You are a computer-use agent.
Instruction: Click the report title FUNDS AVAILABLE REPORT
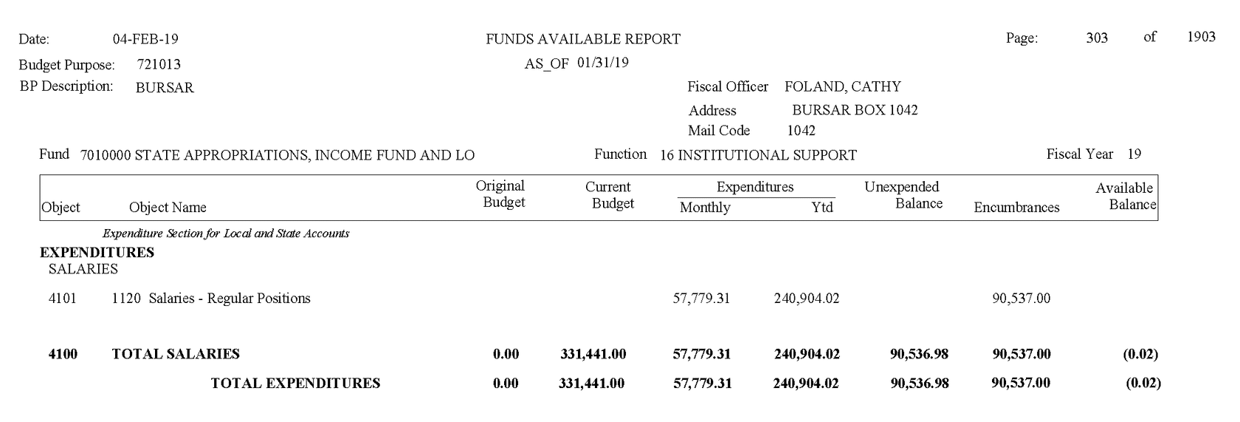coord(583,39)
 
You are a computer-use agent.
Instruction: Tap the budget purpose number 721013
coord(159,65)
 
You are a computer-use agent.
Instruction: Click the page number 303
coord(1097,38)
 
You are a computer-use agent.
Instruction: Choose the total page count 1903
coord(1201,37)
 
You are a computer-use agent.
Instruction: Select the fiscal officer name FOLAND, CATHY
coord(842,86)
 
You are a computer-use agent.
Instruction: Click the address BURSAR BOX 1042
coord(855,110)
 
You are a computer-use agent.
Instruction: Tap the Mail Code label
coord(719,131)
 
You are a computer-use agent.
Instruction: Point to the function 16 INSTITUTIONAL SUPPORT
coord(758,155)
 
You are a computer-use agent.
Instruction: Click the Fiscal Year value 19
coord(1134,154)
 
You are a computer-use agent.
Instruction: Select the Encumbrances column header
coord(1016,208)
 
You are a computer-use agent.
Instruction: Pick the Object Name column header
coord(168,208)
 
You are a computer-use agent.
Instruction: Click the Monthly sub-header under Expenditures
coord(705,208)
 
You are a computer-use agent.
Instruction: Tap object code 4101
coord(62,299)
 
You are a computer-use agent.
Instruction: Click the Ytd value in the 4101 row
coord(807,299)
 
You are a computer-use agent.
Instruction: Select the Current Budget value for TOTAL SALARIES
coord(593,354)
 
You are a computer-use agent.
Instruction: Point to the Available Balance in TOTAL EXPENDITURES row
coord(1143,383)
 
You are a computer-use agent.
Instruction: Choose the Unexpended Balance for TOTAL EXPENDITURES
coord(919,383)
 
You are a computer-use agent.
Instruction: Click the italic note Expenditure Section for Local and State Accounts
coord(226,234)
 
